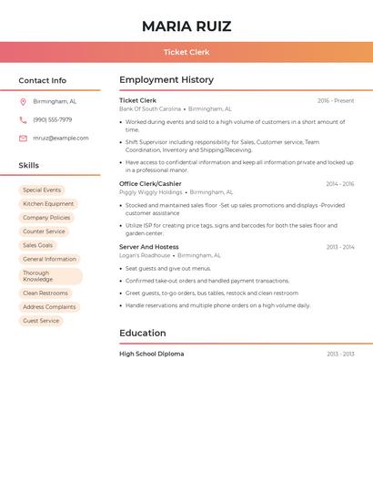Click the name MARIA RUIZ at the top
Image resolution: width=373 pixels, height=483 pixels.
(186, 26)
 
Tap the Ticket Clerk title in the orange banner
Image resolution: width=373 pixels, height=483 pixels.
(186, 52)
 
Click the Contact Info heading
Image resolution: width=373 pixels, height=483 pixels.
(42, 80)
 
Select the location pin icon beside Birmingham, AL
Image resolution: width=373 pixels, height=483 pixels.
(23, 101)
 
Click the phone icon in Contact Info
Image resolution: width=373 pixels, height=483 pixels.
(23, 119)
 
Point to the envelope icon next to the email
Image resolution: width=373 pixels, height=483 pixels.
(23, 139)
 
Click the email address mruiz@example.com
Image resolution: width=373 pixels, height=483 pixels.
(61, 139)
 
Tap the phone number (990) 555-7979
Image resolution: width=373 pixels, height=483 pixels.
(53, 119)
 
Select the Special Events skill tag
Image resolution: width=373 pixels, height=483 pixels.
(42, 190)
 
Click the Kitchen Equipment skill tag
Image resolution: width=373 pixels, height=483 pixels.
(48, 204)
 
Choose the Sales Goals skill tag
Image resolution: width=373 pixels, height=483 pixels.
(38, 245)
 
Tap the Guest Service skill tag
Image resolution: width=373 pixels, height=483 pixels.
(41, 321)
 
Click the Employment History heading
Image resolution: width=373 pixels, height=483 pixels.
(166, 80)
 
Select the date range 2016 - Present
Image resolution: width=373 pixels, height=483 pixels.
(336, 101)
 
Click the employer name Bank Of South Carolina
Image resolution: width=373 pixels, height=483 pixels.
(150, 108)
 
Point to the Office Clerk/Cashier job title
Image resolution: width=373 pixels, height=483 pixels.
(150, 184)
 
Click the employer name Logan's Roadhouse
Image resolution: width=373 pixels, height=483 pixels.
(145, 256)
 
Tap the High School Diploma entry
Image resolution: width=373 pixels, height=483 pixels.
(151, 354)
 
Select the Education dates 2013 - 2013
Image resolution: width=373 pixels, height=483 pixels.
(340, 354)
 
